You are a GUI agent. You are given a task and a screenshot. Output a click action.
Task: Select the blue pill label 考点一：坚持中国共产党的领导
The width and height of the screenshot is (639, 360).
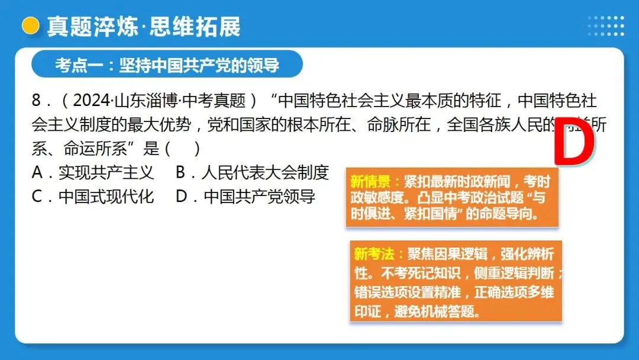[167, 65]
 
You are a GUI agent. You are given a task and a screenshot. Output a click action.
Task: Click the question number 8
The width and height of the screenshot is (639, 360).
[37, 101]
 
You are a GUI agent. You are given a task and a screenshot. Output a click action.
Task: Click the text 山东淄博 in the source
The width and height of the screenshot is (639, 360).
[139, 101]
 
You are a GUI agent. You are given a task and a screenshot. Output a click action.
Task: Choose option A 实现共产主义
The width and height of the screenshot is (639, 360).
[93, 172]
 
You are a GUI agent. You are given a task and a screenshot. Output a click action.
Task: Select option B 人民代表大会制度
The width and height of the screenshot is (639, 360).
[252, 172]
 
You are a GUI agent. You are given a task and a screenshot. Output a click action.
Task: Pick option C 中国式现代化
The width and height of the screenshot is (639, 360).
[93, 197]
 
